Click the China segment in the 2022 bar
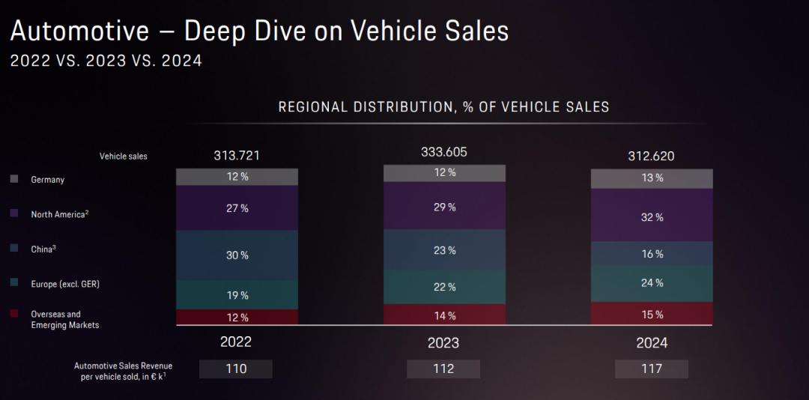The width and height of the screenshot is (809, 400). (237, 255)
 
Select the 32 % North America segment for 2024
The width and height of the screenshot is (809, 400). (652, 217)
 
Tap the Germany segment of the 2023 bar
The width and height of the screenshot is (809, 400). (444, 173)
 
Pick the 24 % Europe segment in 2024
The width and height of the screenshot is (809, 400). (652, 283)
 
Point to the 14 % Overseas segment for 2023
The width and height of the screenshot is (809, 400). (444, 315)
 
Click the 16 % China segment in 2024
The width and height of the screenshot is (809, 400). (652, 254)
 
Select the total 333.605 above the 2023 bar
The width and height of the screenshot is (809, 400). (444, 152)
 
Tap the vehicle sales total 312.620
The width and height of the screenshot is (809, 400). (652, 157)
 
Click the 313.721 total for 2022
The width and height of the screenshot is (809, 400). (237, 156)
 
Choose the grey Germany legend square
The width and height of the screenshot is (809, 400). (14, 180)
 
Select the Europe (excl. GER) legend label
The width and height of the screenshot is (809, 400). (65, 284)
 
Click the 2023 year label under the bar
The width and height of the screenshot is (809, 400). (443, 343)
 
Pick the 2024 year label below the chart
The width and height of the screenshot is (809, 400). (651, 343)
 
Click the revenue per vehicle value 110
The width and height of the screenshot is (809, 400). (236, 369)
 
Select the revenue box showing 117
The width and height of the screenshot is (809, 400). (651, 369)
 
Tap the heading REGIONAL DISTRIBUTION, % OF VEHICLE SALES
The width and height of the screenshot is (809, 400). (443, 107)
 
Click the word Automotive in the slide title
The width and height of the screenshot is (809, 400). (79, 31)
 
